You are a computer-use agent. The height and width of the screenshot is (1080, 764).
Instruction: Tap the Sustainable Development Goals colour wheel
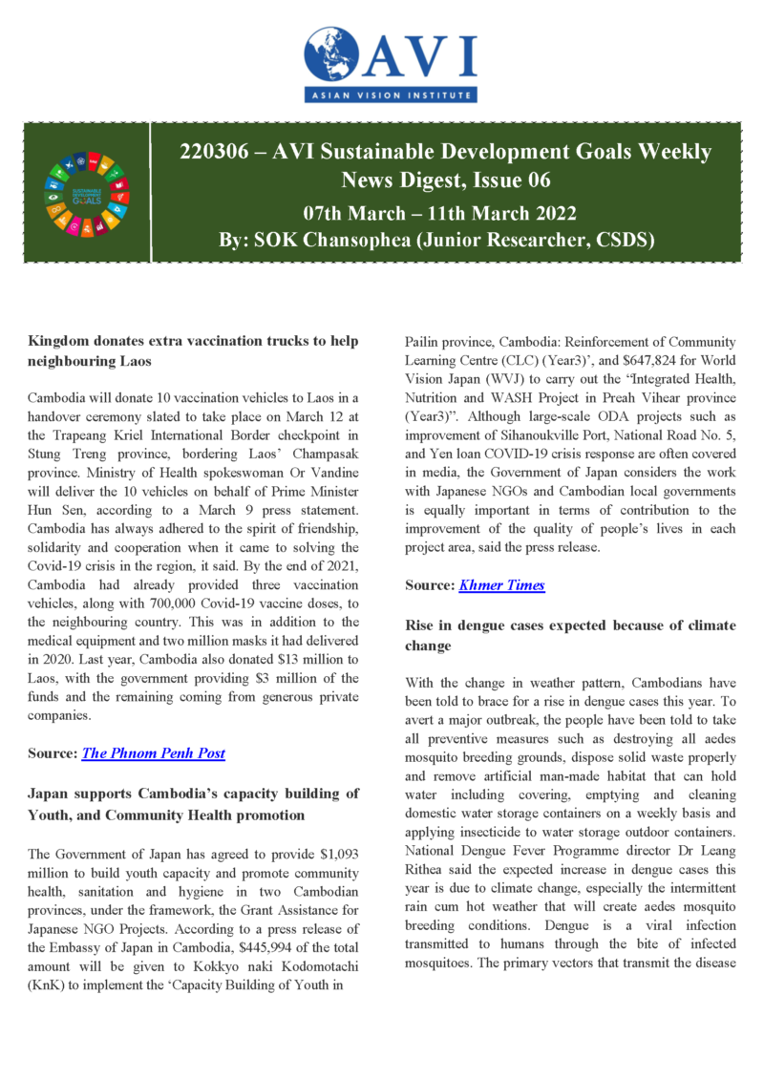tap(87, 195)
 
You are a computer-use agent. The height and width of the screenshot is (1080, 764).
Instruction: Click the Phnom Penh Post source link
tap(154, 752)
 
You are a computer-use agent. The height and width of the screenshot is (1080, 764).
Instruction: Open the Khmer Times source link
tap(501, 584)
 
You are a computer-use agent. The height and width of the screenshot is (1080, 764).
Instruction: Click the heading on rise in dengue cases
tap(570, 635)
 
